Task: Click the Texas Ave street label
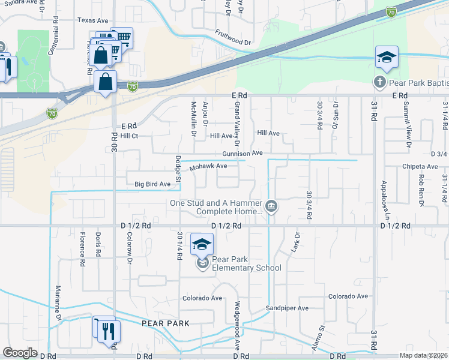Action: click(92, 20)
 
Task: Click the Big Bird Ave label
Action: click(152, 184)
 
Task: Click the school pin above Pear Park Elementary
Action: click(202, 244)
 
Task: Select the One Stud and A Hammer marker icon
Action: click(271, 207)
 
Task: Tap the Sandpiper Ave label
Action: click(287, 308)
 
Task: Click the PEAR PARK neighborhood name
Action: click(166, 323)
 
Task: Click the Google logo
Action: click(20, 352)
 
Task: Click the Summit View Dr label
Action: click(408, 132)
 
